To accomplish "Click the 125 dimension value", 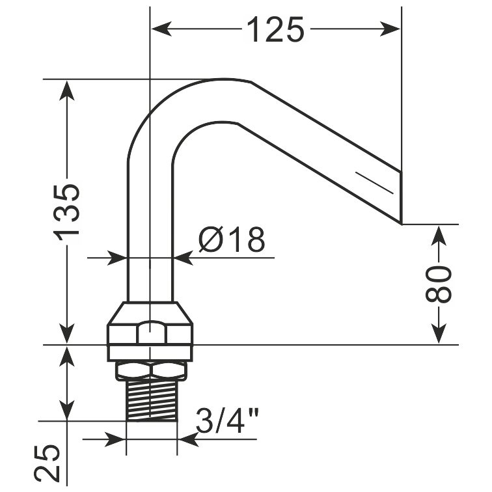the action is point(275,29).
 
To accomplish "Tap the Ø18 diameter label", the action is point(232,239).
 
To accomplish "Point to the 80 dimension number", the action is point(439,284).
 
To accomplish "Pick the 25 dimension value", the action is point(47,463).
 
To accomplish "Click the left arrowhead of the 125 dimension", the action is point(162,29).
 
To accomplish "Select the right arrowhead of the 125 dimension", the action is point(390,29).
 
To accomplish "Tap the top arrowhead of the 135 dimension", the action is point(67,90).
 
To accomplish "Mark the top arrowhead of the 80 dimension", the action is point(439,236).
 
